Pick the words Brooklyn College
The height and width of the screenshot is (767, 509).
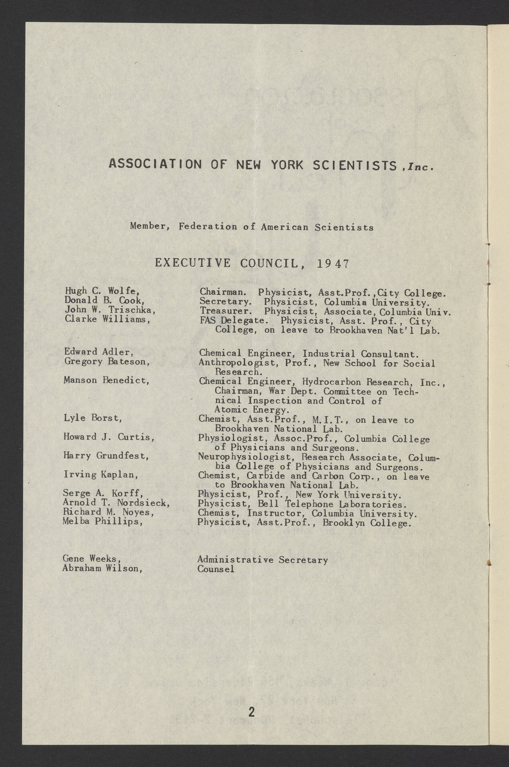coord(367,523)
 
